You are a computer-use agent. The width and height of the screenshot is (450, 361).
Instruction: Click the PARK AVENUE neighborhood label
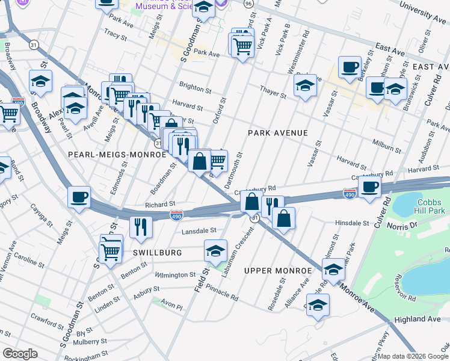click(278, 133)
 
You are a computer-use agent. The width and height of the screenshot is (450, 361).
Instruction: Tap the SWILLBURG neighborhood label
click(158, 253)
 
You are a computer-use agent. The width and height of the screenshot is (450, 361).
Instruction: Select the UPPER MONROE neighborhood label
click(279, 271)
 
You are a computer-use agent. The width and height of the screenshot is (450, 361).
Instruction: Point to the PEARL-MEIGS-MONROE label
click(117, 155)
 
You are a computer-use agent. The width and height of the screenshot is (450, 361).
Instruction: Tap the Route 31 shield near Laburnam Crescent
click(255, 218)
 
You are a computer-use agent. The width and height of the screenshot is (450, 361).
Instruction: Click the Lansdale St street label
click(199, 230)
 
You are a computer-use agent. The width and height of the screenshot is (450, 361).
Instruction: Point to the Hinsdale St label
click(351, 223)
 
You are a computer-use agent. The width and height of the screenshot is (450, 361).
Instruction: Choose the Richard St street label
click(159, 205)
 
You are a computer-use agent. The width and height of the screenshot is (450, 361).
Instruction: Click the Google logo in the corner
click(20, 354)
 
